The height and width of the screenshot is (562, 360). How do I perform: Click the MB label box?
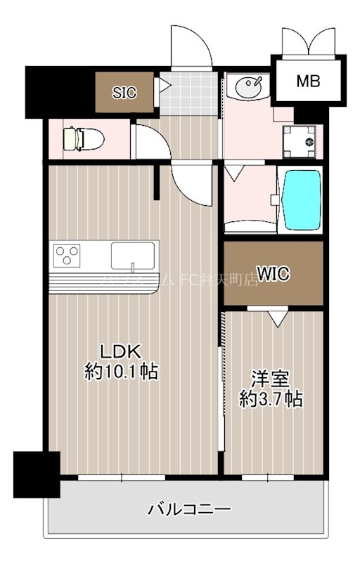coord(307,81)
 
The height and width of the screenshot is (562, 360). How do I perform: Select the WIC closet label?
coord(273,273)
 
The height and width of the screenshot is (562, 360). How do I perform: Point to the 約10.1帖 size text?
coord(120,372)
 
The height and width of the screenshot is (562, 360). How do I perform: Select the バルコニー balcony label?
coord(188,509)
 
